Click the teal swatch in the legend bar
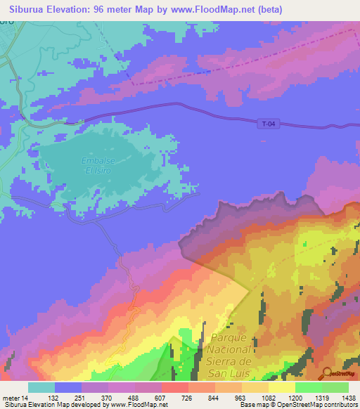point(41,387)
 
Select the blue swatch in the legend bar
point(67,387)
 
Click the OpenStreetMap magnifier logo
point(326,373)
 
